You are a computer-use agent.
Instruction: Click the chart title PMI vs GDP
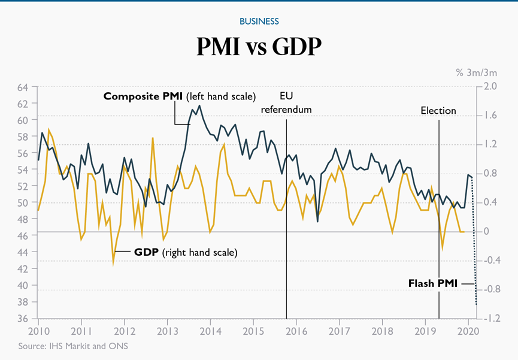pyautogui.click(x=259, y=47)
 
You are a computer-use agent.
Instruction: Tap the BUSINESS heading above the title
pyautogui.click(x=259, y=21)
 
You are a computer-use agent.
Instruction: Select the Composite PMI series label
pyautogui.click(x=179, y=96)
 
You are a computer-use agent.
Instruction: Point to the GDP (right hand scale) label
pyautogui.click(x=185, y=252)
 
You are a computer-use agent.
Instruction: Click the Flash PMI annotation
pyautogui.click(x=432, y=283)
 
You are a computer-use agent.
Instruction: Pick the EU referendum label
pyautogui.click(x=286, y=102)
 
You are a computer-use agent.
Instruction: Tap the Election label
pyautogui.click(x=438, y=111)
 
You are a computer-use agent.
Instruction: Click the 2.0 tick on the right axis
pyautogui.click(x=490, y=87)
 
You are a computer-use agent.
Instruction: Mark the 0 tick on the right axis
pyautogui.click(x=486, y=232)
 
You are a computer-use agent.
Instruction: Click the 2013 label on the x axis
pyautogui.click(x=167, y=331)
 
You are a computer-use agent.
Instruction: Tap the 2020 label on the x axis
pyautogui.click(x=469, y=331)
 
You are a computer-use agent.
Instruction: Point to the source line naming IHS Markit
pyautogui.click(x=73, y=346)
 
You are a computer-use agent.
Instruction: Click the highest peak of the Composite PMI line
pyautogui.click(x=199, y=106)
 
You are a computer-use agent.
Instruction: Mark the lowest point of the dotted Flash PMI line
pyautogui.click(x=477, y=304)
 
